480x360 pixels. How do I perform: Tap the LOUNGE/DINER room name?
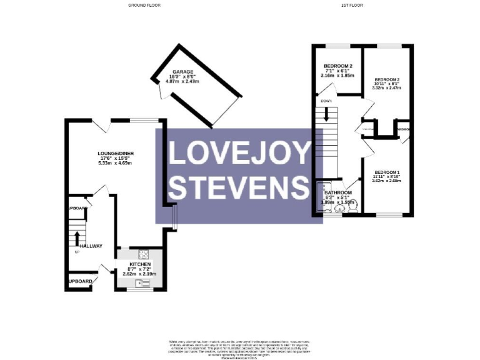point(115,152)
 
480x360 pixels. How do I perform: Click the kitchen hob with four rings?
point(143,254)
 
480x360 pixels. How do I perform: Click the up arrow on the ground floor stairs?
point(77,237)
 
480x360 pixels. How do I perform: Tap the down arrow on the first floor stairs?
point(326,116)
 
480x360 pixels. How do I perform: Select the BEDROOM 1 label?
point(387,172)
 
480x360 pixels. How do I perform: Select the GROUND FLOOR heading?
point(144,4)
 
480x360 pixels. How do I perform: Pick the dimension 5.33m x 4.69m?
point(115,162)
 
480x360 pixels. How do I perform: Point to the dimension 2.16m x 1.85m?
point(337,76)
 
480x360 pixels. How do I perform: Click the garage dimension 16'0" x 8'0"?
point(174,77)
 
